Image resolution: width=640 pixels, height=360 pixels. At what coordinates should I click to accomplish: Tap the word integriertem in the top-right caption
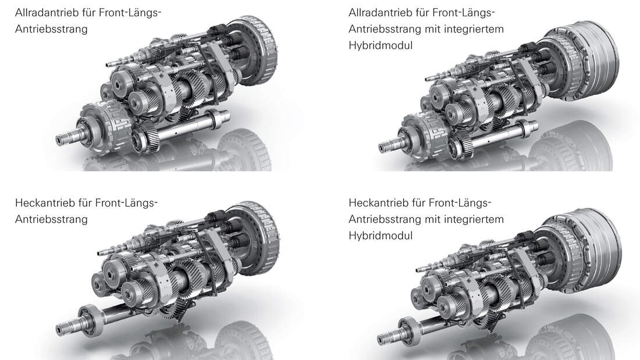tap(475, 29)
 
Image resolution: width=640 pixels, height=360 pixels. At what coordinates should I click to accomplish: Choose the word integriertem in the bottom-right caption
tap(475, 219)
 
